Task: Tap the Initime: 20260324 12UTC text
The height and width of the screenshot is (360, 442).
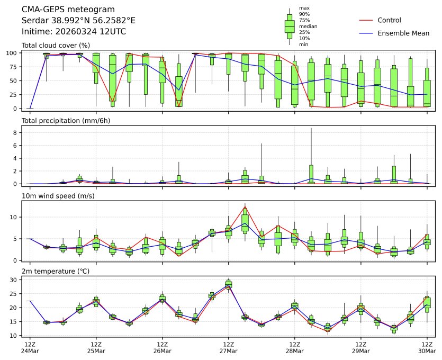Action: tap(74, 31)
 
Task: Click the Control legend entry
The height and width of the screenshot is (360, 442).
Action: tap(389, 20)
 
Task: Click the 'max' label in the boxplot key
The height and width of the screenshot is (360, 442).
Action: tap(303, 8)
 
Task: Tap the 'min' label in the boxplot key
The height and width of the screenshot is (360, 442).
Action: tap(303, 44)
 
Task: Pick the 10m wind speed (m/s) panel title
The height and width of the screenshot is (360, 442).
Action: tap(57, 196)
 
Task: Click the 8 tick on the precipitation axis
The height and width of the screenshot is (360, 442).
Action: tap(16, 132)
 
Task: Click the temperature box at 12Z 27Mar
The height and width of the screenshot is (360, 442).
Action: tap(229, 284)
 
